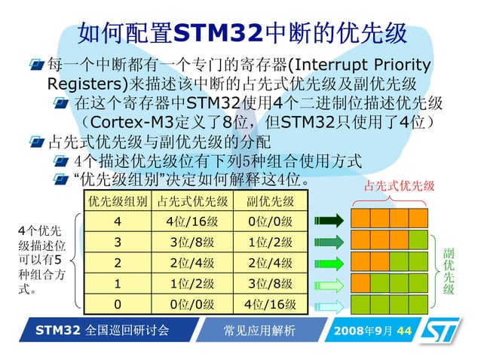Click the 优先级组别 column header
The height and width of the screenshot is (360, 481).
click(117, 201)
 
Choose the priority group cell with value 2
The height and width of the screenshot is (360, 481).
click(117, 264)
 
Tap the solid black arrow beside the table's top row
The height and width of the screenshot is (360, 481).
click(328, 221)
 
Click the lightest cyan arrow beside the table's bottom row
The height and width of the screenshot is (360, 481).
click(328, 305)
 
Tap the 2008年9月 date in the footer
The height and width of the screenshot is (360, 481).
click(363, 331)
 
